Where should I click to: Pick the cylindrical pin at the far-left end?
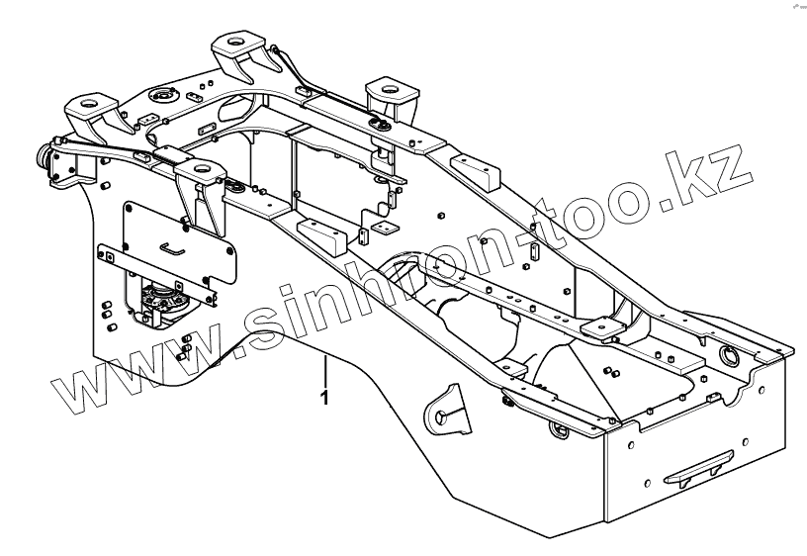[44, 158]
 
